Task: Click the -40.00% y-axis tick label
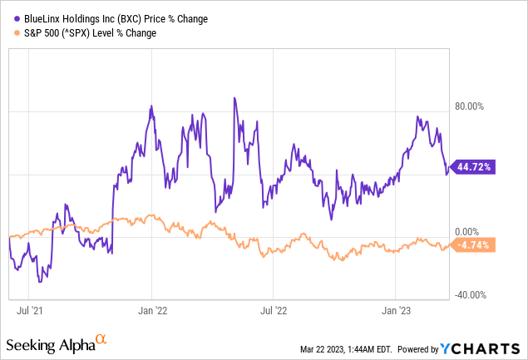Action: [471, 295]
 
